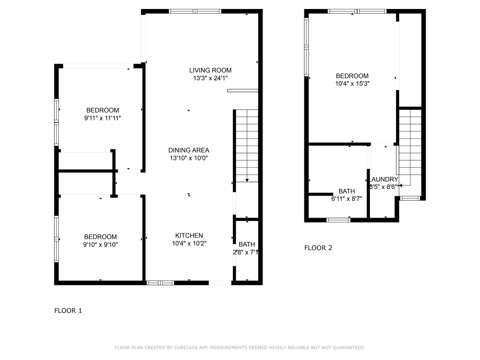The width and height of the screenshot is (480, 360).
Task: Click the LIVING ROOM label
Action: click(210, 70)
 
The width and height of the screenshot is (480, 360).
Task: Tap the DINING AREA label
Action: click(189, 150)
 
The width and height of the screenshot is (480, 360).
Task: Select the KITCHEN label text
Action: click(189, 236)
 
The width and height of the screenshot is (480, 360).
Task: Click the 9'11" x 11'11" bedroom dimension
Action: click(102, 118)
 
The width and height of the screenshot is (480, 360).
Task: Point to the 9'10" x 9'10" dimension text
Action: click(100, 245)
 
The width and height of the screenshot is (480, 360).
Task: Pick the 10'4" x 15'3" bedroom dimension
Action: click(352, 84)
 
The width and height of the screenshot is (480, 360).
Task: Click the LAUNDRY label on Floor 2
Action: click(384, 179)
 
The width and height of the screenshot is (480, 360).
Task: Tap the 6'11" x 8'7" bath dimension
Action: click(346, 199)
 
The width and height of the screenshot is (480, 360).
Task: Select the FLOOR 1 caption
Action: click(68, 311)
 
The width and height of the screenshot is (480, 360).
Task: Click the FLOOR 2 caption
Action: click(318, 248)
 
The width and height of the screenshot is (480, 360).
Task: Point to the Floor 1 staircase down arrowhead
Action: click(247, 180)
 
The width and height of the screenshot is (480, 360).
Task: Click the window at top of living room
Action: click(195, 11)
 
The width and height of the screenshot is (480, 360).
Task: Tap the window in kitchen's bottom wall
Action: click(160, 283)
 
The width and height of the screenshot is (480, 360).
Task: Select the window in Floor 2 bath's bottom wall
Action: click(338, 220)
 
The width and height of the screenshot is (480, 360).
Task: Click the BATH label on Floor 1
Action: click(247, 245)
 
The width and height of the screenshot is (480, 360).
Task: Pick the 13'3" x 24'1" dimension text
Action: click(210, 78)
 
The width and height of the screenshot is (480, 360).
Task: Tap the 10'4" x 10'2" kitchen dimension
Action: click(189, 244)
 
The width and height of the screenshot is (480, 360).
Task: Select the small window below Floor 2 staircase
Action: click(410, 198)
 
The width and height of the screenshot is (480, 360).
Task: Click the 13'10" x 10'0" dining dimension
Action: click(189, 158)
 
